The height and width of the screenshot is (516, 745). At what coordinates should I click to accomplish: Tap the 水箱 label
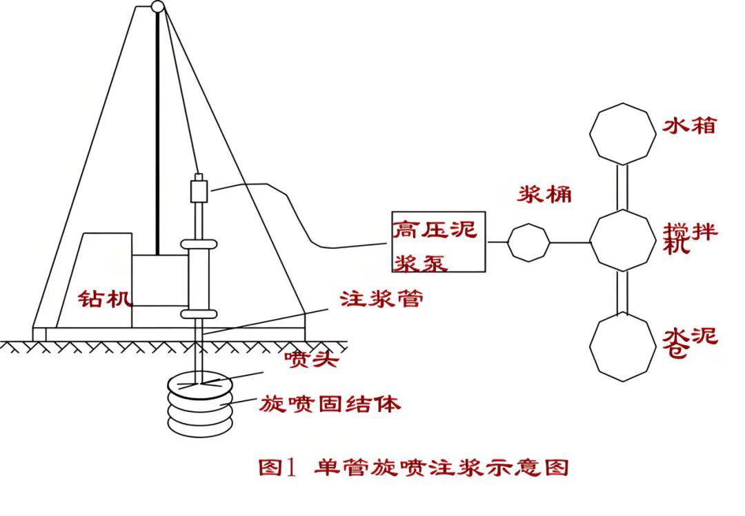(x=689, y=126)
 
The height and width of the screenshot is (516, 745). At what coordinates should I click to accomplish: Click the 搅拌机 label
(x=690, y=237)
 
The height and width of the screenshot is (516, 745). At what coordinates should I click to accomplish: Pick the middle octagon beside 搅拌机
(x=622, y=240)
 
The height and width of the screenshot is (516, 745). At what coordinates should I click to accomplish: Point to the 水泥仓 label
(x=690, y=341)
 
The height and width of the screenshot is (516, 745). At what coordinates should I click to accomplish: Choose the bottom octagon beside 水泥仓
(x=623, y=347)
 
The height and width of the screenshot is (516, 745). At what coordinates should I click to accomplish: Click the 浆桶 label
(x=544, y=195)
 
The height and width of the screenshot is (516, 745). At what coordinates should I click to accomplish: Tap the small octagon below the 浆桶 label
(x=529, y=242)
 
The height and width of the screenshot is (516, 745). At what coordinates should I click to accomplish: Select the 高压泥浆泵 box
(x=439, y=241)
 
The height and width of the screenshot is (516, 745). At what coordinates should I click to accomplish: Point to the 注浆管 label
(x=381, y=298)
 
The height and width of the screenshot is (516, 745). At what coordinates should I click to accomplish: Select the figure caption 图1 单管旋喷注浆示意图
(x=413, y=468)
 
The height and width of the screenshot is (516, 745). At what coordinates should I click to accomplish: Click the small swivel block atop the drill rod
(x=199, y=187)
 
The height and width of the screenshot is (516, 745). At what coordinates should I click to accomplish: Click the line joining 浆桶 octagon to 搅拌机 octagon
(x=570, y=242)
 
